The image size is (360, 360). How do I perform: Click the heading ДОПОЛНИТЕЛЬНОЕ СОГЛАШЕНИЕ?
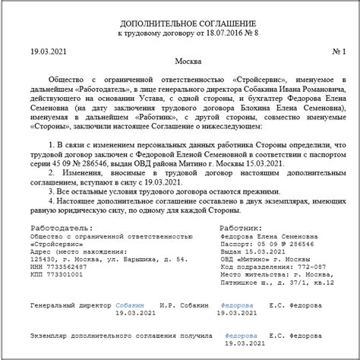(x=180, y=26)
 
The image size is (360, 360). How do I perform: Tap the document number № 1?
(x=338, y=51)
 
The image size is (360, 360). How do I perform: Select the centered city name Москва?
(x=178, y=61)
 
